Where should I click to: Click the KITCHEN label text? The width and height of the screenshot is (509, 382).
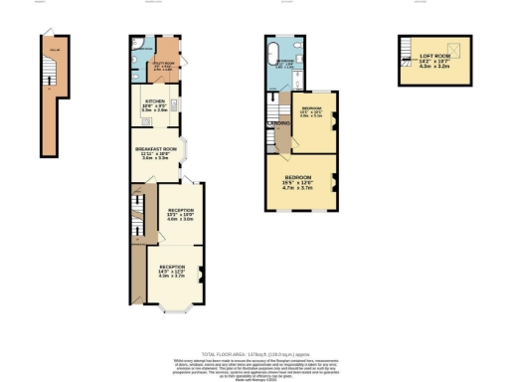[x=155, y=101]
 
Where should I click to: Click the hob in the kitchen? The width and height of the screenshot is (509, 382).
[x=145, y=121]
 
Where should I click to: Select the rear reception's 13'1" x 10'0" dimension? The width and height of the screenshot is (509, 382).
[x=180, y=216]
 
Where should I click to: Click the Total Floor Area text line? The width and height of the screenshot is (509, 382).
[x=254, y=354]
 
